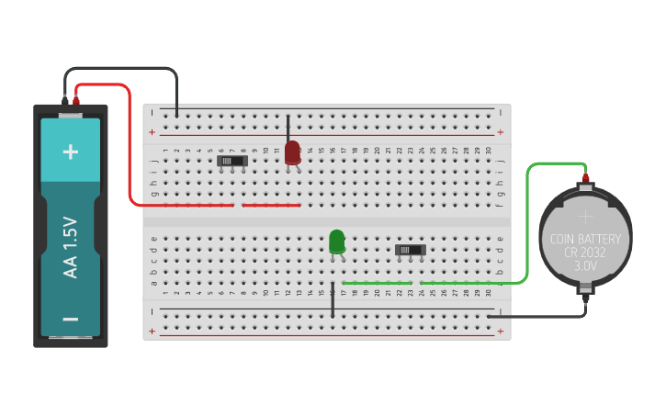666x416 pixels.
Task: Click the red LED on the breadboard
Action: [292, 152]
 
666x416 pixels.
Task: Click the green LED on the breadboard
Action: [337, 242]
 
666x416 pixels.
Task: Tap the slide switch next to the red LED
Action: [233, 161]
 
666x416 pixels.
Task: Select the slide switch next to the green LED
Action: [410, 249]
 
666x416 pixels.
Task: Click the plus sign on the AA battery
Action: [71, 152]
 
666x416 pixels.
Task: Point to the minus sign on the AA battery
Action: [71, 320]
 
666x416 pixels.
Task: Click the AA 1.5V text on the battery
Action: [71, 247]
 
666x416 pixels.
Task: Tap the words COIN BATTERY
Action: [585, 239]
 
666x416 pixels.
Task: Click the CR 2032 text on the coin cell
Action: [585, 253]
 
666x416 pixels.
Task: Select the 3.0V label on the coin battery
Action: [585, 265]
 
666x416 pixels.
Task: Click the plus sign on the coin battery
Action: [585, 217]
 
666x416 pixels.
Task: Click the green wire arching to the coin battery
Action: [527, 220]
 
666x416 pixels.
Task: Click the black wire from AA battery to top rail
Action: [119, 69]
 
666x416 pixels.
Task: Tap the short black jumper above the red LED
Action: [288, 126]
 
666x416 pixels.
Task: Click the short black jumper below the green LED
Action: [333, 300]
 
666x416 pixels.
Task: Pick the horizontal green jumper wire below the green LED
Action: [377, 283]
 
